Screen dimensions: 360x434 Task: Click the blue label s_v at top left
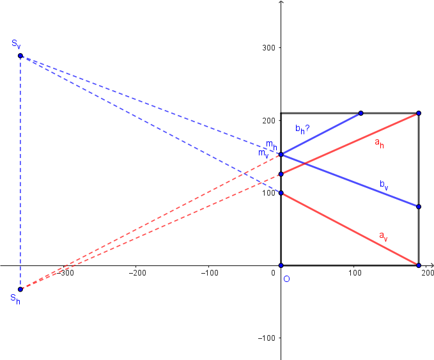click(x=16, y=43)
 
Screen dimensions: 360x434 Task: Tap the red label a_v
click(x=383, y=237)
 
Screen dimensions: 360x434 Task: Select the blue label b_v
click(x=384, y=184)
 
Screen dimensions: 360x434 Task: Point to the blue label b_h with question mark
click(x=302, y=129)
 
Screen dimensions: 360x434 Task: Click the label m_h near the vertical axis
click(x=271, y=145)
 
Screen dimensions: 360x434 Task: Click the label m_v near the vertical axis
click(x=263, y=153)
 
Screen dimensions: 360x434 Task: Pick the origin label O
click(x=286, y=279)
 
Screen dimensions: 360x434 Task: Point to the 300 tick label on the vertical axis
click(x=268, y=48)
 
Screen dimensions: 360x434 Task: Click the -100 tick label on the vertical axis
click(x=267, y=338)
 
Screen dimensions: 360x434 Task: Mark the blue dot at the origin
click(x=281, y=265)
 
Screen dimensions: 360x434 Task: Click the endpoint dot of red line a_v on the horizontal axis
click(x=419, y=265)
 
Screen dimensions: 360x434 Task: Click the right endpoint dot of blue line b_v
click(x=419, y=207)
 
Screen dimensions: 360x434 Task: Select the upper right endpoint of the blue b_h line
click(x=361, y=113)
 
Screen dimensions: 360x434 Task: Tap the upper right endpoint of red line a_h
click(x=419, y=113)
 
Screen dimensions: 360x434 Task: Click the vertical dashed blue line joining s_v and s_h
click(x=20, y=173)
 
